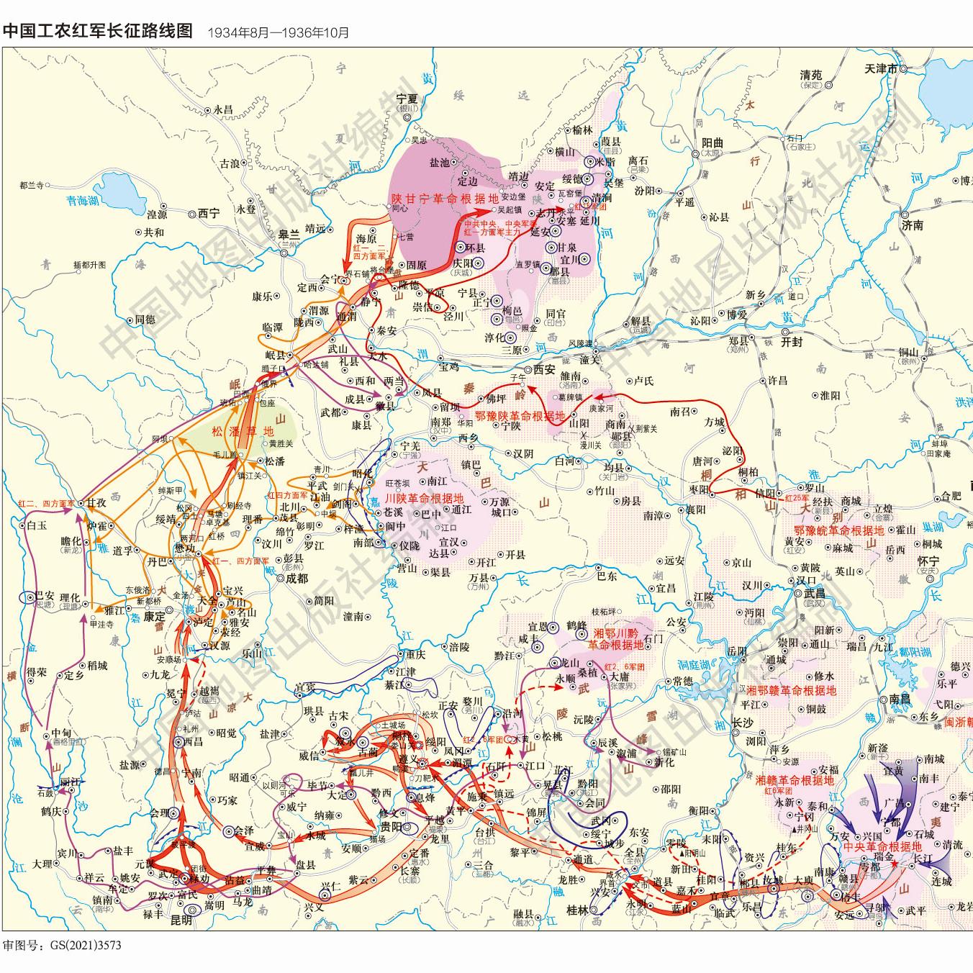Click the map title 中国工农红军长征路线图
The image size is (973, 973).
(99, 31)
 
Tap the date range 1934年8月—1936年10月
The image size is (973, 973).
(278, 32)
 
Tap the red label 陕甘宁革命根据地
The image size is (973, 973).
(444, 198)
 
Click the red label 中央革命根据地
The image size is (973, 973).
(882, 846)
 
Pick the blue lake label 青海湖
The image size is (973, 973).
(82, 202)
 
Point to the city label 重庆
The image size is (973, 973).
(415, 655)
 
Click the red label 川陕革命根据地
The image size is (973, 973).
(424, 498)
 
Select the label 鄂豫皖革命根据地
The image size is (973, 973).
(833, 530)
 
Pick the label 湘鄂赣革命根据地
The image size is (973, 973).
(791, 690)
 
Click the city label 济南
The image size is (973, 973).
(912, 225)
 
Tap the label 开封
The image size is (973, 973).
(792, 343)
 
